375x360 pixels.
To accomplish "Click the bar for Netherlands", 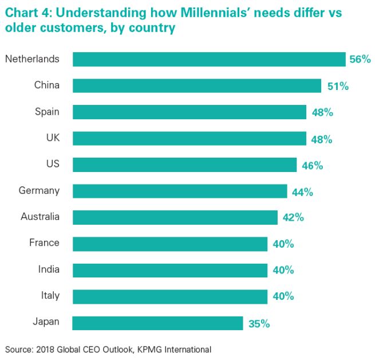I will pyautogui.click(x=209, y=59).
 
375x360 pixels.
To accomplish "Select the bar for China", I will pyautogui.click(x=197, y=85).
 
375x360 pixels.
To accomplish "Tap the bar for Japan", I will pyautogui.click(x=158, y=323).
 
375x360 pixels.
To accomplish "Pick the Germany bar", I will pyautogui.click(x=180, y=191).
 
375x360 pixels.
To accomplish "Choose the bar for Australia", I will pyautogui.click(x=175, y=217).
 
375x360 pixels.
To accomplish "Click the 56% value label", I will pyautogui.click(x=360, y=59).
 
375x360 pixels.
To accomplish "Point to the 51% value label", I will pyautogui.click(x=337, y=86).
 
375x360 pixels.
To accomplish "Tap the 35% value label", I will pyautogui.click(x=259, y=323).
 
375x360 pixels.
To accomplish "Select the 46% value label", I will pyautogui.click(x=313, y=165).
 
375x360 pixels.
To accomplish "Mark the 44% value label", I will pyautogui.click(x=302, y=191).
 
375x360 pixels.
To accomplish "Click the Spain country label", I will pyautogui.click(x=47, y=111).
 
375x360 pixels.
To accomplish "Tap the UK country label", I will pyautogui.click(x=52, y=138).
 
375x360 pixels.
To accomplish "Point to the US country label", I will pyautogui.click(x=53, y=164).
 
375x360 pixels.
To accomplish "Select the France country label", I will pyautogui.click(x=44, y=242).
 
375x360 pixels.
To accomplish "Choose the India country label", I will pyautogui.click(x=48, y=269).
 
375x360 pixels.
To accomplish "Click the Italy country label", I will pyautogui.click(x=50, y=296).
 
